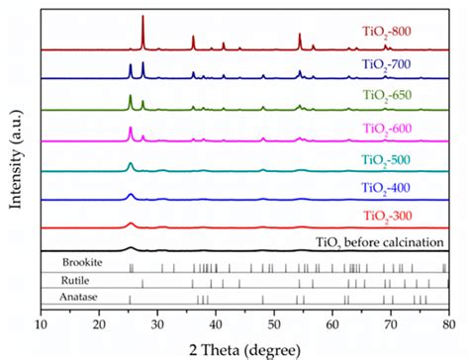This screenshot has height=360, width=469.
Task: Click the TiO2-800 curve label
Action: pyautogui.click(x=389, y=31)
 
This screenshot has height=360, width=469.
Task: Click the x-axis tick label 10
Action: pyautogui.click(x=41, y=322)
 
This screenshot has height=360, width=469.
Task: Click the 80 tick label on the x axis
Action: pyautogui.click(x=447, y=322)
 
